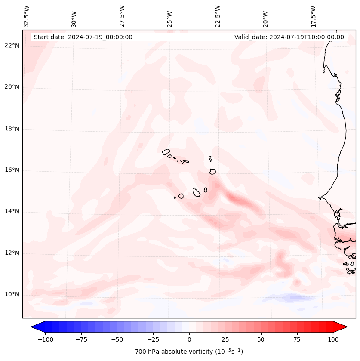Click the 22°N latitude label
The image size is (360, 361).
tap(12, 46)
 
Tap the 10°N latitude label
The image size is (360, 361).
tap(12, 294)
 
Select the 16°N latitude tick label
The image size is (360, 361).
tap(12, 170)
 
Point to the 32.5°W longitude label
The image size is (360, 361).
tap(27, 16)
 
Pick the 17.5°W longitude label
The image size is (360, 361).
tap(313, 16)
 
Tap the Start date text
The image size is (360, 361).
tap(83, 37)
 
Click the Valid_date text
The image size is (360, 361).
tap(289, 37)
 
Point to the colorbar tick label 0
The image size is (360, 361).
tap(189, 339)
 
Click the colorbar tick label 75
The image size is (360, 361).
tap(297, 339)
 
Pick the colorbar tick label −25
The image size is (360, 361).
tap(152, 339)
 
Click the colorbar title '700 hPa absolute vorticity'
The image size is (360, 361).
tap(189, 352)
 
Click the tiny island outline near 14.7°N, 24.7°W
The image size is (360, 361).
tap(175, 197)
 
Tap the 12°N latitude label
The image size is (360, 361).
tap(12, 253)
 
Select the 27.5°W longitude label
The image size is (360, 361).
tap(122, 16)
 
